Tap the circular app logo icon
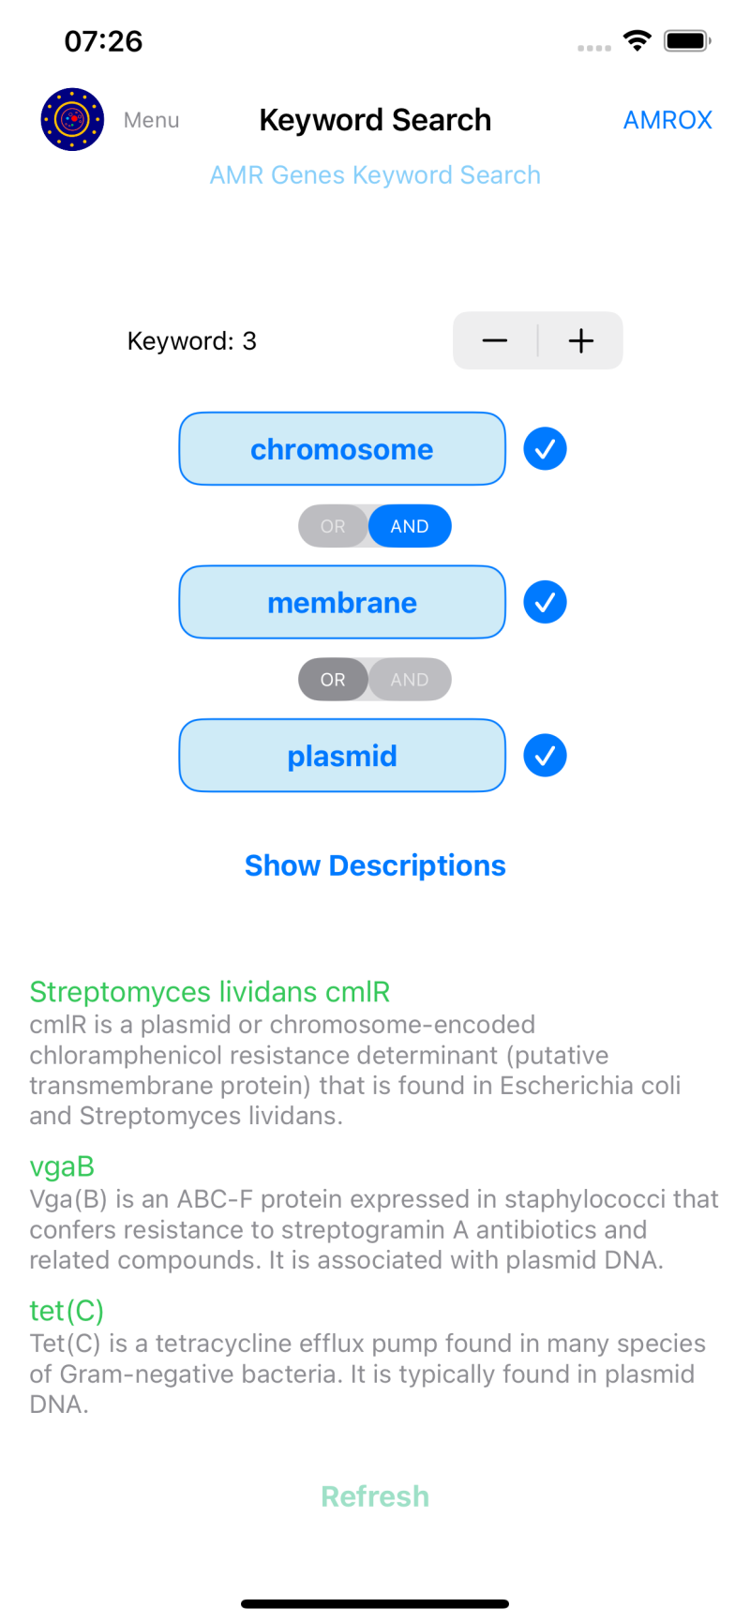tap(72, 119)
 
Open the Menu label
tap(151, 120)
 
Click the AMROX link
tap(667, 120)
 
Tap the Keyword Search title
tap(375, 120)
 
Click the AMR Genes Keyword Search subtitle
tap(375, 175)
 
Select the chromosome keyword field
tap(342, 449)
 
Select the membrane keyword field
tap(342, 602)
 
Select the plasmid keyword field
tap(342, 756)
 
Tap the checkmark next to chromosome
tap(545, 449)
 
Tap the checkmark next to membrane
tap(545, 602)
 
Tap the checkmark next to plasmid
tap(545, 756)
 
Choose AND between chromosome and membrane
tap(410, 526)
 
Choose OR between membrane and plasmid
tap(333, 680)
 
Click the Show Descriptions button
tap(375, 865)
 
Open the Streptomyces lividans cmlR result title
tap(209, 992)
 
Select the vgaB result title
tap(62, 1166)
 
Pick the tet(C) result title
tap(67, 1311)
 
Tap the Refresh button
tap(375, 1496)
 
